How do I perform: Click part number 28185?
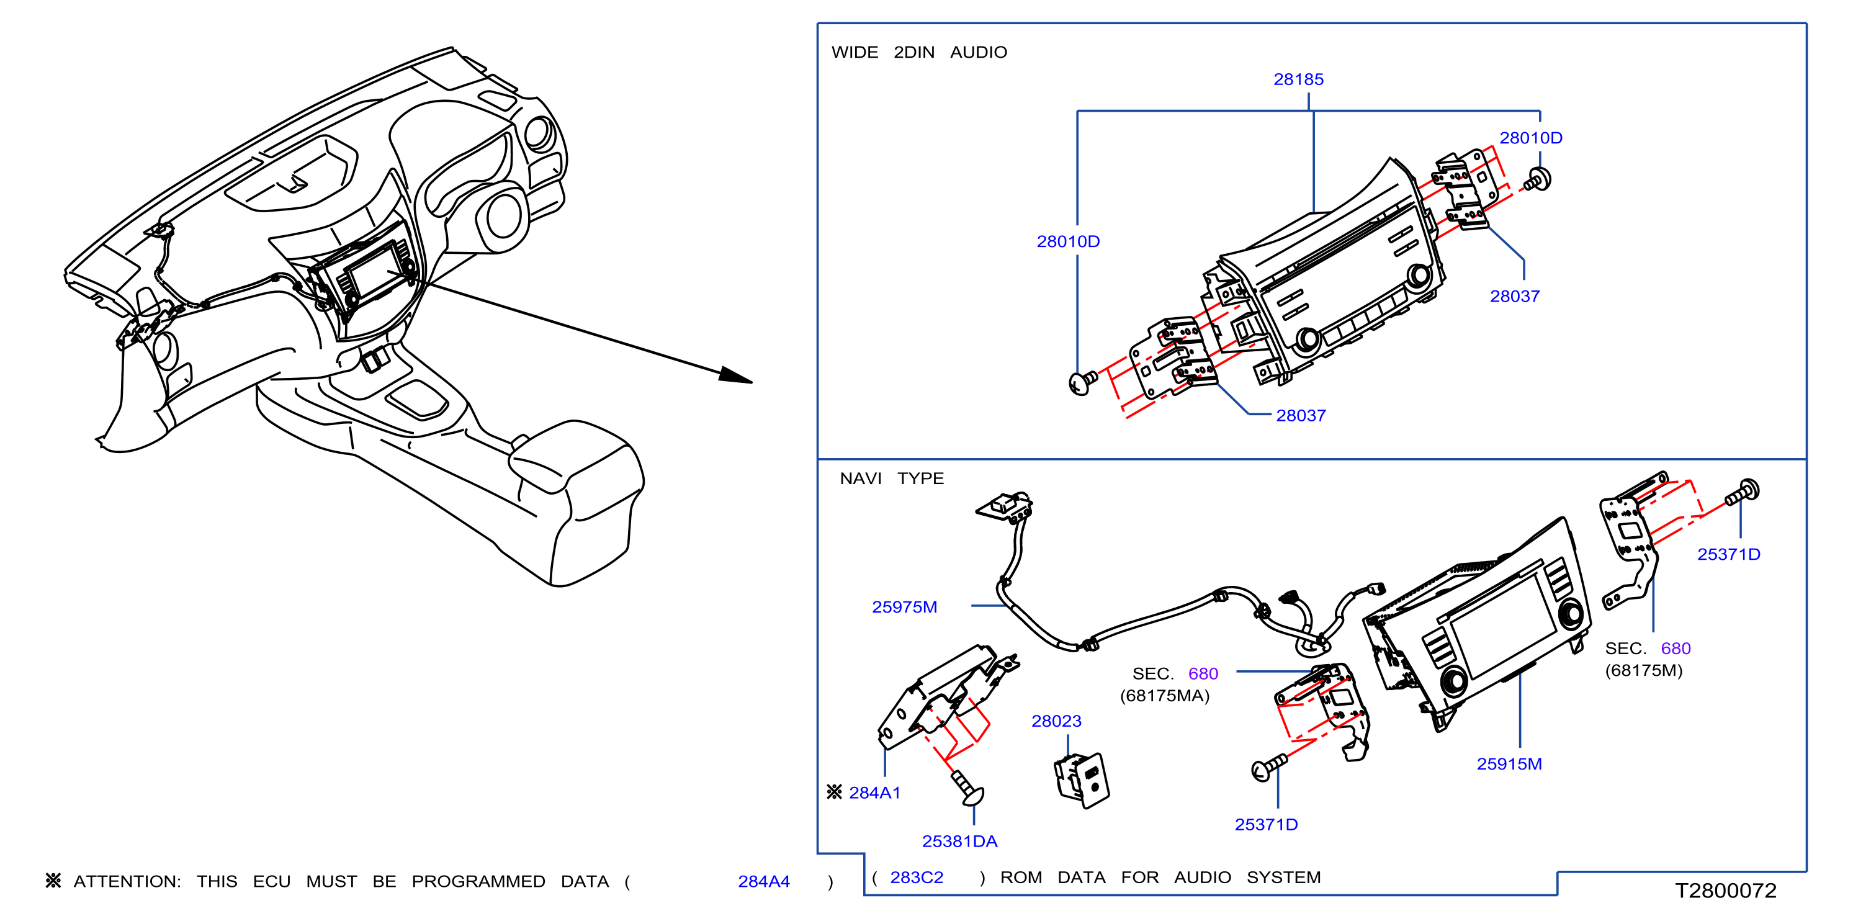coord(1298,79)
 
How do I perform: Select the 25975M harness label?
coord(904,606)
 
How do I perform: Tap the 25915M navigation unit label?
coord(1509,763)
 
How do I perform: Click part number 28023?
coord(1056,721)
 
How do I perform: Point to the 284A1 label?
coord(874,792)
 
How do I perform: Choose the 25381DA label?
coord(959,841)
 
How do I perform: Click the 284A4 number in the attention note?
coord(764,881)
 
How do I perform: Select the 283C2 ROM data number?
coord(917,877)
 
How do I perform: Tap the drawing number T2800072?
coord(1726,891)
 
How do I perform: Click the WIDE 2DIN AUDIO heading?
coord(919,52)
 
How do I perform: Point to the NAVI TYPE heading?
coord(891,478)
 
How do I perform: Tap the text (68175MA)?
coord(1165,696)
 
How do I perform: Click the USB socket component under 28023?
coord(1082,780)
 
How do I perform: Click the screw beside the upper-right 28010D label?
coord(1538,180)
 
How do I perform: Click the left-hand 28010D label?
coord(1068,241)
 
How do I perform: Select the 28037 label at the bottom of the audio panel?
coord(1301,415)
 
